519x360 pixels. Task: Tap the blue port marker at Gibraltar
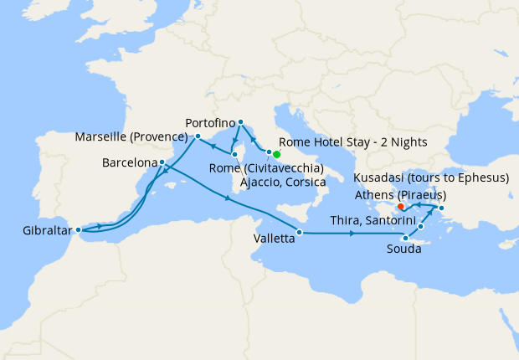[78, 229]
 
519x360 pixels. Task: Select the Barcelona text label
[130, 162]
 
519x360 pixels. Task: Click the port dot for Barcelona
[161, 162]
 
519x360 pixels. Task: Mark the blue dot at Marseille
[198, 136]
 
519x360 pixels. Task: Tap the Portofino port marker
[240, 121]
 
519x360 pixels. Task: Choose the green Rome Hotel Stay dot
[276, 154]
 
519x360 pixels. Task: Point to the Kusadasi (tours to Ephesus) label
[432, 178]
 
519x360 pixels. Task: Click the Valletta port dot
[298, 232]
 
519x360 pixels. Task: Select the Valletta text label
[274, 239]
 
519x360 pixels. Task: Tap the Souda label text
[405, 249]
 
